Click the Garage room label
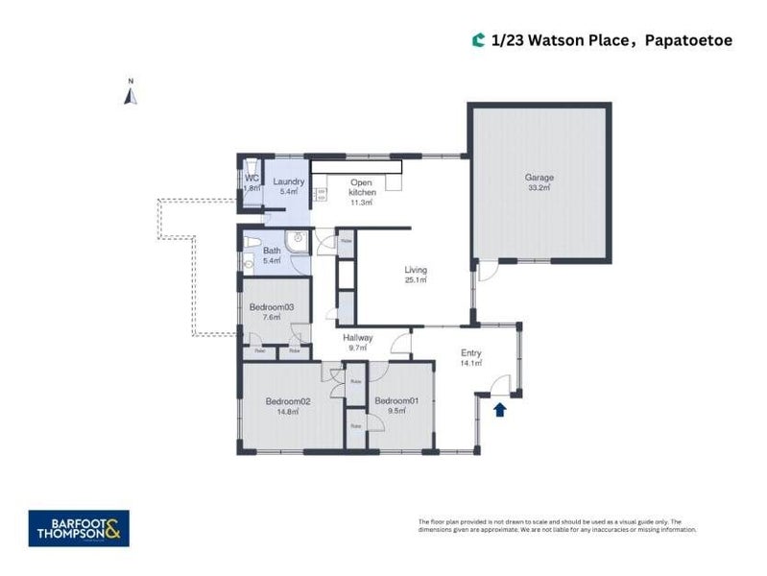[x=539, y=178]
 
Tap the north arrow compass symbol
[x=132, y=93]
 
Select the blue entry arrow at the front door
[x=499, y=411]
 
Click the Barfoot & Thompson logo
[x=79, y=528]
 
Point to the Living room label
[x=415, y=270]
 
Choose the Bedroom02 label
[x=287, y=400]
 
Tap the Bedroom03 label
[x=271, y=306]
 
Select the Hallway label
[x=357, y=337]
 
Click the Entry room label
[x=470, y=353]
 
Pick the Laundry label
[x=289, y=181]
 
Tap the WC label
[x=252, y=178]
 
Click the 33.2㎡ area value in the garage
[x=539, y=188]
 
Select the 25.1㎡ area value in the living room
[x=415, y=280]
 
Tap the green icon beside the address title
[x=478, y=40]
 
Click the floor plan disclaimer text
[x=557, y=525]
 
